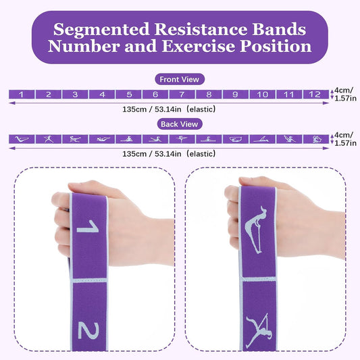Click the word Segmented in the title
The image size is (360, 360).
coord(101,30)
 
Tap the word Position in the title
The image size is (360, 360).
coord(276,46)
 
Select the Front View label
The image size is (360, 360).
coord(180,80)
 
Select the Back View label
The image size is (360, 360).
coord(180,124)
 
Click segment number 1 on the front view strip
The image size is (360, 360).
coord(22,95)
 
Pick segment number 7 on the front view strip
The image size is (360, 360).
coord(182,95)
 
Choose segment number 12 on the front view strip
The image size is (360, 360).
coord(315,95)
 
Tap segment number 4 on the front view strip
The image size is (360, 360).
coord(102,95)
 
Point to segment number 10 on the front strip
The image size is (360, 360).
coord(262,95)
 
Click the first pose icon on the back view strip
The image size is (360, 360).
coord(22,139)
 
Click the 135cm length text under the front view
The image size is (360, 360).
coord(169,109)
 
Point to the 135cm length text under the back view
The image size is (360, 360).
coord(169,154)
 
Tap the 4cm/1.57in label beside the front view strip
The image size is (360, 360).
coord(345,94)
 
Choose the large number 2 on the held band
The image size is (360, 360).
coord(88,331)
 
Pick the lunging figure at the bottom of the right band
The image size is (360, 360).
coord(259,331)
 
